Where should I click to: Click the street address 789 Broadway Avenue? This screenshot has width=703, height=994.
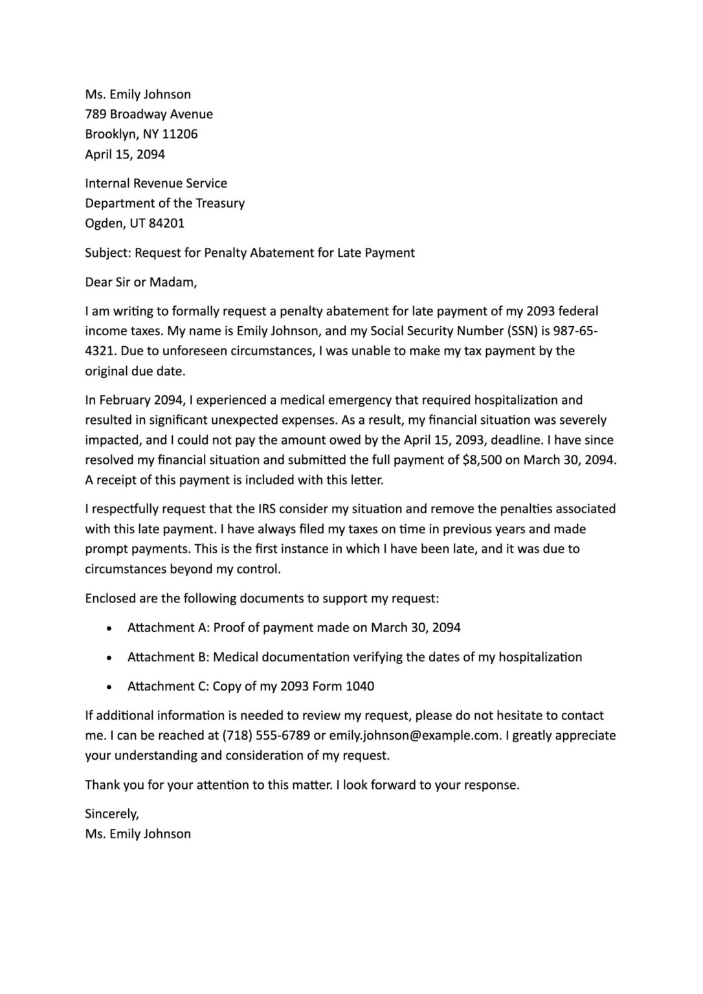(x=149, y=115)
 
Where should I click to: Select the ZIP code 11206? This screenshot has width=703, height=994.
(x=180, y=135)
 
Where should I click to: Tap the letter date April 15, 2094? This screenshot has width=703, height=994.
(x=125, y=155)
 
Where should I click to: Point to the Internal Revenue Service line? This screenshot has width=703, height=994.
(x=156, y=184)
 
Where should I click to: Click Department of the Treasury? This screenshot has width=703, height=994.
(x=164, y=204)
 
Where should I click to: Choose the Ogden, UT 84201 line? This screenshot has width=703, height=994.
(x=135, y=224)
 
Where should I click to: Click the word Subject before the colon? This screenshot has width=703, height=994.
(x=107, y=253)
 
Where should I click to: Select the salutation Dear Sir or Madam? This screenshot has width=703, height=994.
(x=140, y=282)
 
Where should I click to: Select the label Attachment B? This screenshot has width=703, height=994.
(x=168, y=657)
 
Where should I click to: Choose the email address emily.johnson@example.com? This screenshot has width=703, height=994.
(x=414, y=736)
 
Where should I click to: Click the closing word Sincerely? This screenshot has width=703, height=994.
(x=111, y=814)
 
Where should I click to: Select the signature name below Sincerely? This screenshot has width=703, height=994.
(x=138, y=834)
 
